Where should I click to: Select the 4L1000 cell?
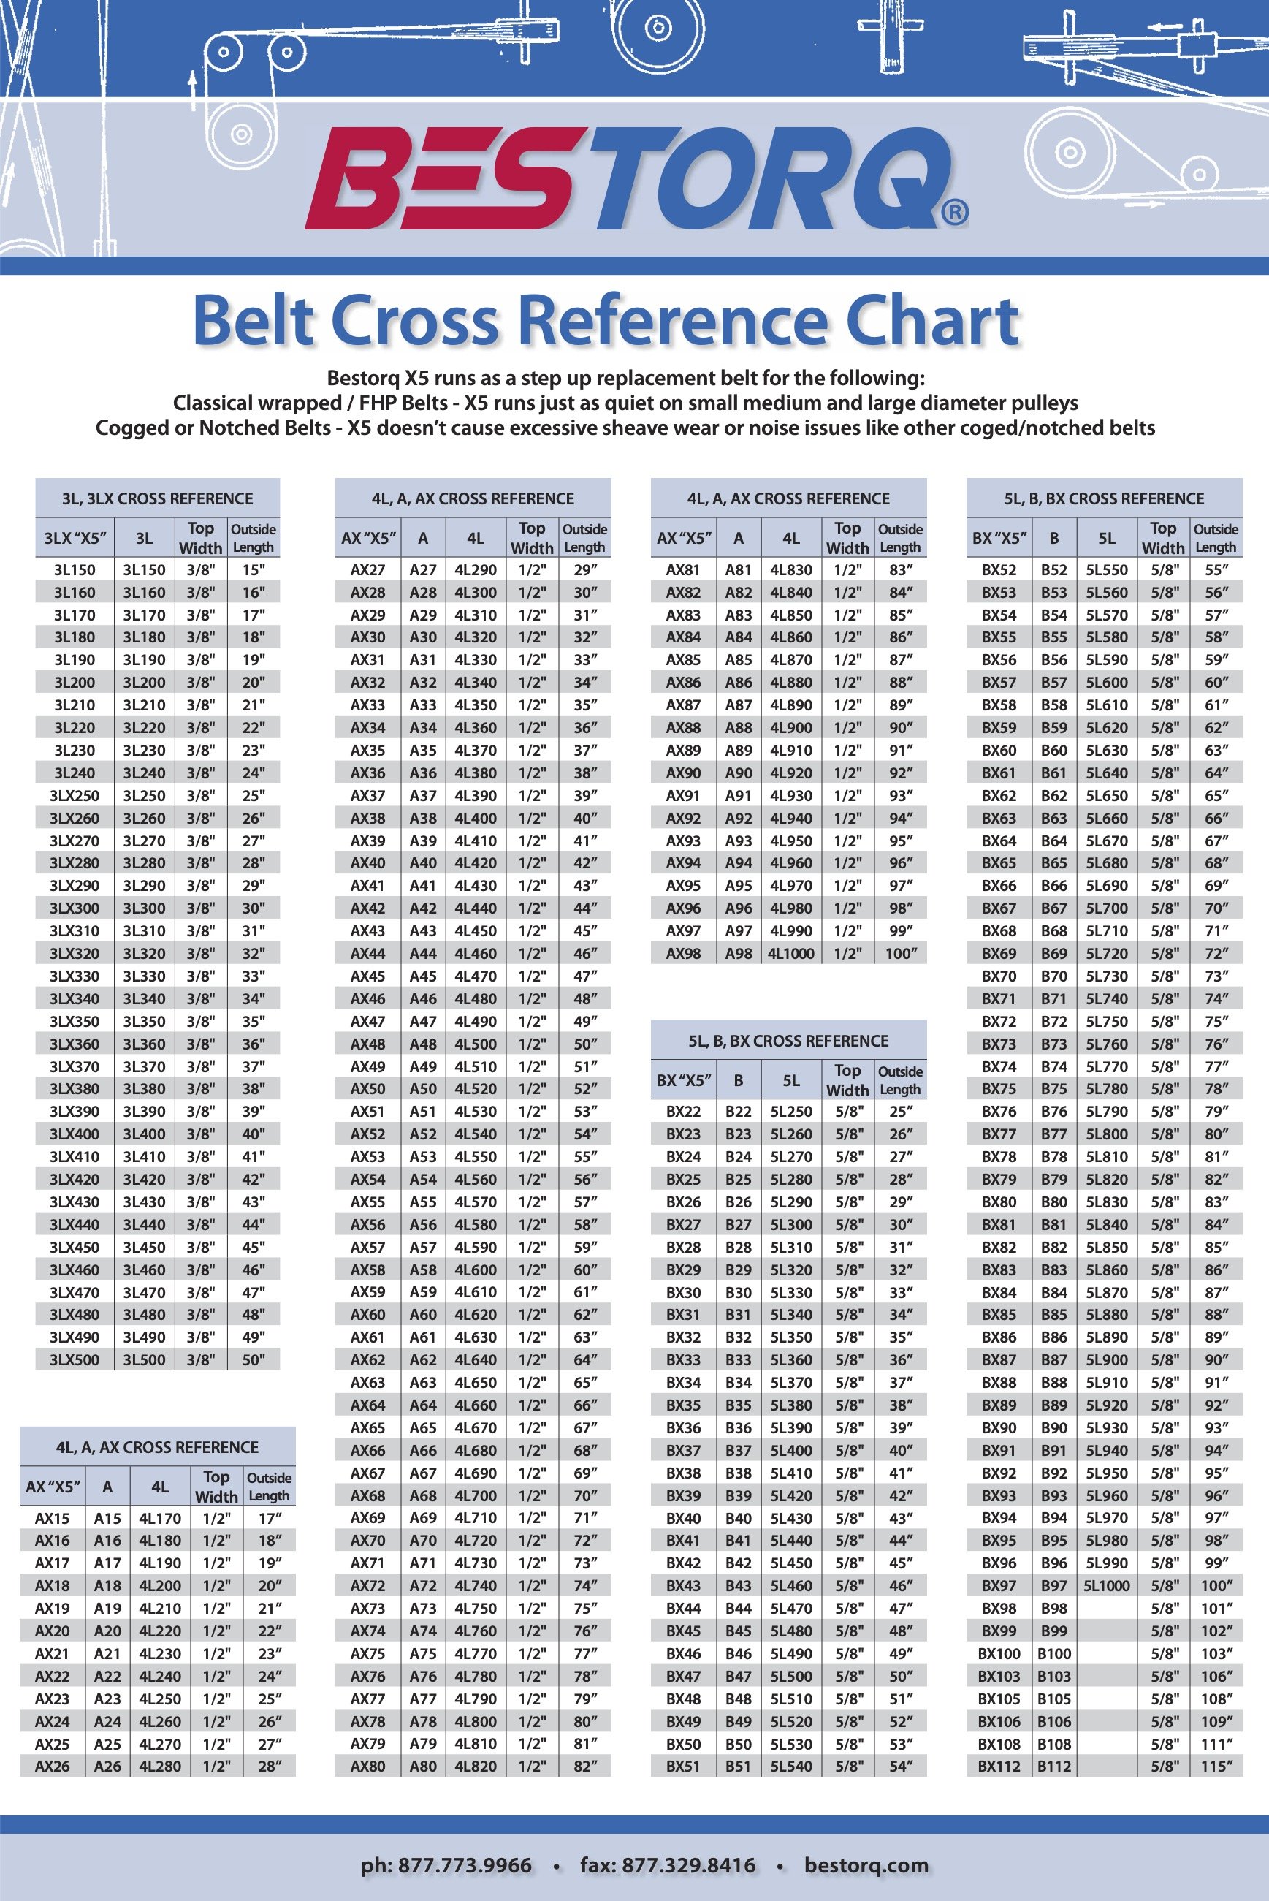click(791, 954)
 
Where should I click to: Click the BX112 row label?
click(999, 1767)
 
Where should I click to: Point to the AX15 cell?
click(53, 1518)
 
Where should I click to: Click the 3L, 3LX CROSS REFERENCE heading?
click(158, 498)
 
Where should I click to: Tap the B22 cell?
click(738, 1112)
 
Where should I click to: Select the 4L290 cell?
click(476, 570)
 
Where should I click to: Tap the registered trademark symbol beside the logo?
click(954, 213)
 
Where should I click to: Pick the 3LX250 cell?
click(75, 796)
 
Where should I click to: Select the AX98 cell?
click(683, 954)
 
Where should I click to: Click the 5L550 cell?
click(1106, 570)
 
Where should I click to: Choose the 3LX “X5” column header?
click(75, 538)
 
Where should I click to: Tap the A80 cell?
click(422, 1767)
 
